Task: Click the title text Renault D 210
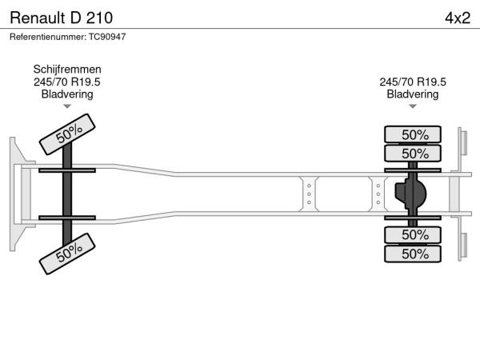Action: (x=62, y=18)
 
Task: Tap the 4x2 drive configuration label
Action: (x=458, y=18)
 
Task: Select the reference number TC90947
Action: (x=107, y=37)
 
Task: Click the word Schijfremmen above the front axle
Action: (x=67, y=70)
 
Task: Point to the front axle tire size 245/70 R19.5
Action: (x=67, y=82)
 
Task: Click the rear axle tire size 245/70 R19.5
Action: (x=413, y=82)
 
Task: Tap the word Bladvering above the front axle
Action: (x=67, y=94)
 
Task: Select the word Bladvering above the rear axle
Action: (x=413, y=94)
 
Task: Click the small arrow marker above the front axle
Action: (x=67, y=106)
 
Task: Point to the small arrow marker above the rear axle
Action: (x=413, y=106)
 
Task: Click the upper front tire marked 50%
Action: (x=67, y=134)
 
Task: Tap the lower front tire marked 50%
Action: (x=67, y=254)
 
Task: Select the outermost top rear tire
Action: (x=413, y=134)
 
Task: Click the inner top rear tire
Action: (x=413, y=153)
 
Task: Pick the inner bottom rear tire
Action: (x=413, y=234)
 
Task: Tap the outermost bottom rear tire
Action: (x=413, y=254)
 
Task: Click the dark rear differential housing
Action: (x=411, y=193)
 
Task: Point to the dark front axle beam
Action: (x=67, y=194)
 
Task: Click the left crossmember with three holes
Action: (x=309, y=194)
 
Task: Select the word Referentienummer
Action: (x=48, y=37)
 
